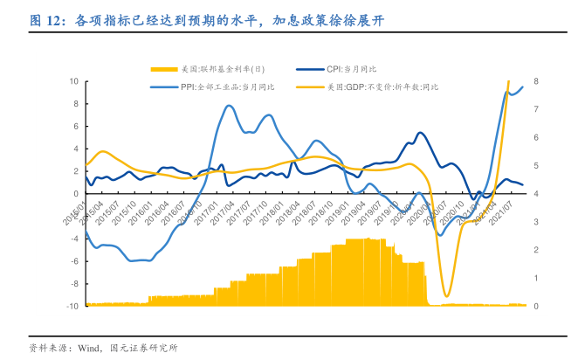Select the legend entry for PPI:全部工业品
click(227, 87)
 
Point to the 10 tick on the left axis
click(74, 81)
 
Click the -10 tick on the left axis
click(72, 306)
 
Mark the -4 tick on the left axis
click(74, 239)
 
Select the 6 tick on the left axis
click(76, 126)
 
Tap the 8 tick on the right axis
click(536, 81)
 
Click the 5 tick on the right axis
click(536, 165)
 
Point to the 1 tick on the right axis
click(536, 278)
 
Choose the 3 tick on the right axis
click(536, 222)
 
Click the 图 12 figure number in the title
click(45, 19)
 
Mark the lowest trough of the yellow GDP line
click(447, 296)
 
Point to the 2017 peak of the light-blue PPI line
click(229, 107)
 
